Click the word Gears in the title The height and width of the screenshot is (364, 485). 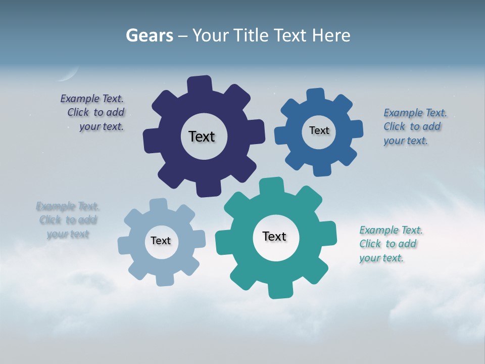pos(150,35)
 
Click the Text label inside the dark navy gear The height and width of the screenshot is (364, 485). pos(202,136)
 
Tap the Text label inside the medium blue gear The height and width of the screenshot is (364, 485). pos(319,130)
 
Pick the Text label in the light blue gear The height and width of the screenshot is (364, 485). pos(161,241)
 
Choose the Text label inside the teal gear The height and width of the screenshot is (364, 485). pos(274,236)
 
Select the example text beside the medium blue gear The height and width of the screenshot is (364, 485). pos(414,126)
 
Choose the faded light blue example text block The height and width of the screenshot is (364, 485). pos(68,220)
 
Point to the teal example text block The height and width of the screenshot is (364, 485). pos(390,244)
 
